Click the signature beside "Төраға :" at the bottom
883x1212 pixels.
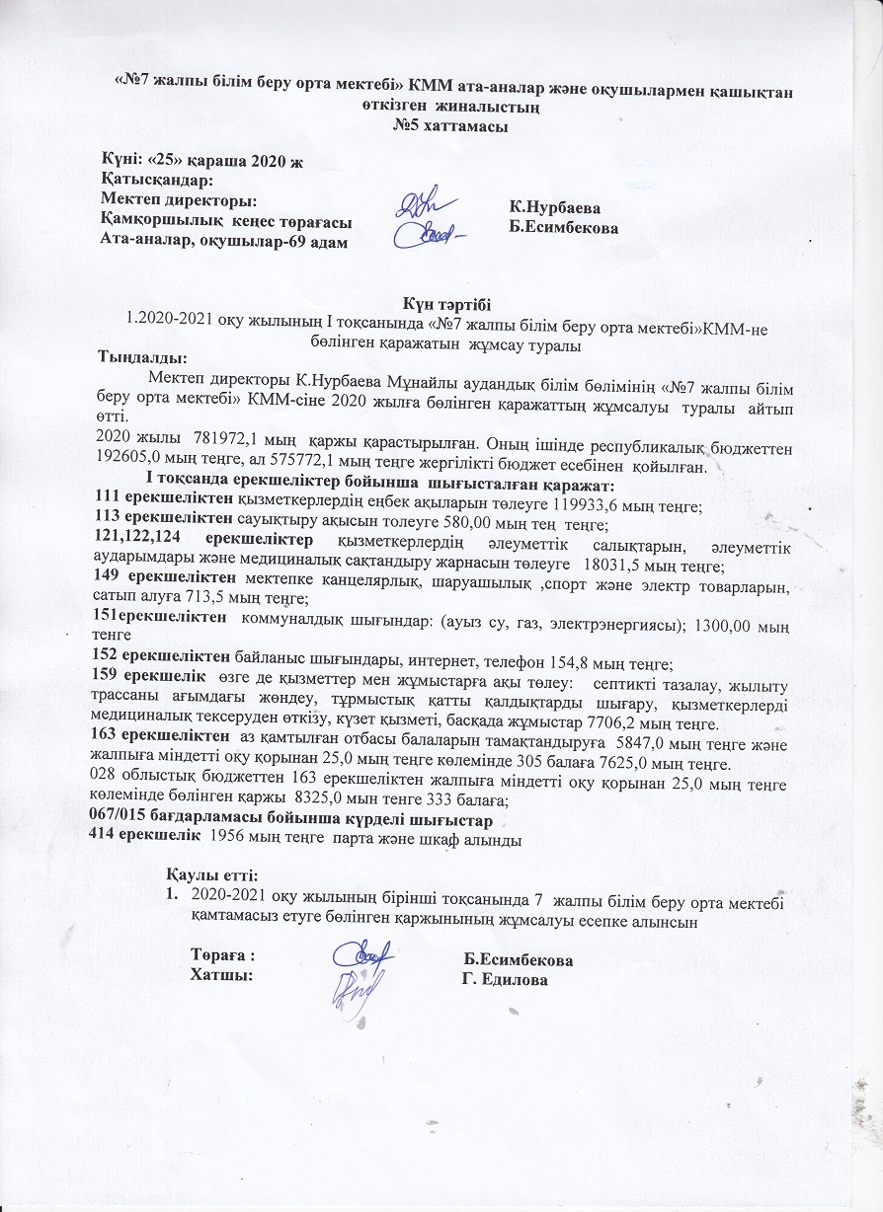click(x=361, y=957)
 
